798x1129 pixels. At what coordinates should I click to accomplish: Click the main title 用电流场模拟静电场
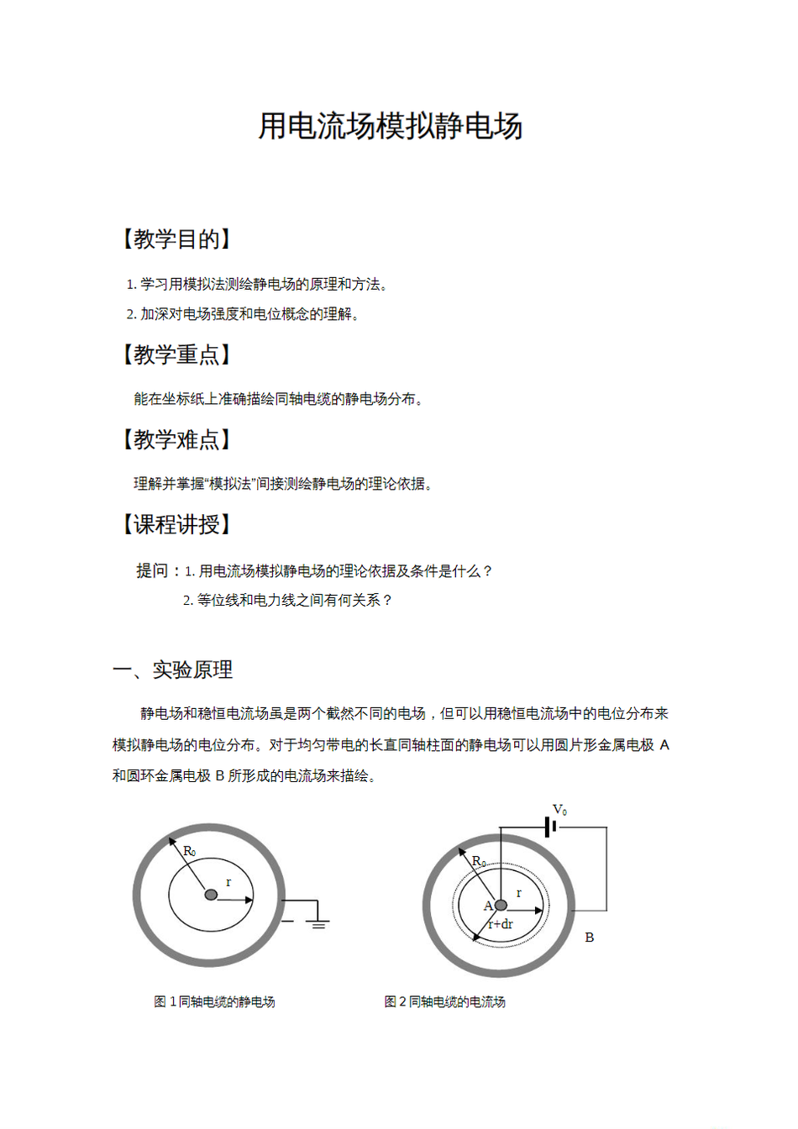(x=391, y=126)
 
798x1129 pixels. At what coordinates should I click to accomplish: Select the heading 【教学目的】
(x=176, y=239)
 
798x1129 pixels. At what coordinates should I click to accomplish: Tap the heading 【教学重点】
(x=176, y=354)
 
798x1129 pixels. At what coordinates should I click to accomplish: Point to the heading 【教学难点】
(x=176, y=439)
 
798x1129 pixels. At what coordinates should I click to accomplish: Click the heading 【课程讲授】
(x=176, y=525)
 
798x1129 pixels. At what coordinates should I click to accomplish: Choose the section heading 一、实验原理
(x=173, y=670)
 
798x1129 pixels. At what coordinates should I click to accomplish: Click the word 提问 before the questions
(x=152, y=571)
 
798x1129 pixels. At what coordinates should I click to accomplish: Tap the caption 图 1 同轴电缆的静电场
(x=214, y=1001)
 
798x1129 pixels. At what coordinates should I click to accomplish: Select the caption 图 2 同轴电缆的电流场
(x=444, y=1001)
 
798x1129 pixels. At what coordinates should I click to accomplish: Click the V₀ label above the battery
(x=559, y=810)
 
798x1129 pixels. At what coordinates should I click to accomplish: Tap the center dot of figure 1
(x=211, y=895)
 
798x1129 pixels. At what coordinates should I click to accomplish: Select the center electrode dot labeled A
(x=501, y=905)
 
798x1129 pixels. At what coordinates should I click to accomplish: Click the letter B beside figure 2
(x=590, y=937)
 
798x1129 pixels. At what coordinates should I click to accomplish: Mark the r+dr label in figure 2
(x=501, y=924)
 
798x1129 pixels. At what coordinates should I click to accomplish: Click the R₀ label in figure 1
(x=190, y=852)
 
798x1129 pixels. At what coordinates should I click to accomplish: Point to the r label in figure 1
(x=228, y=882)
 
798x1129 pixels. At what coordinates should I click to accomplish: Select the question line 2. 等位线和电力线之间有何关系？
(x=288, y=601)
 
